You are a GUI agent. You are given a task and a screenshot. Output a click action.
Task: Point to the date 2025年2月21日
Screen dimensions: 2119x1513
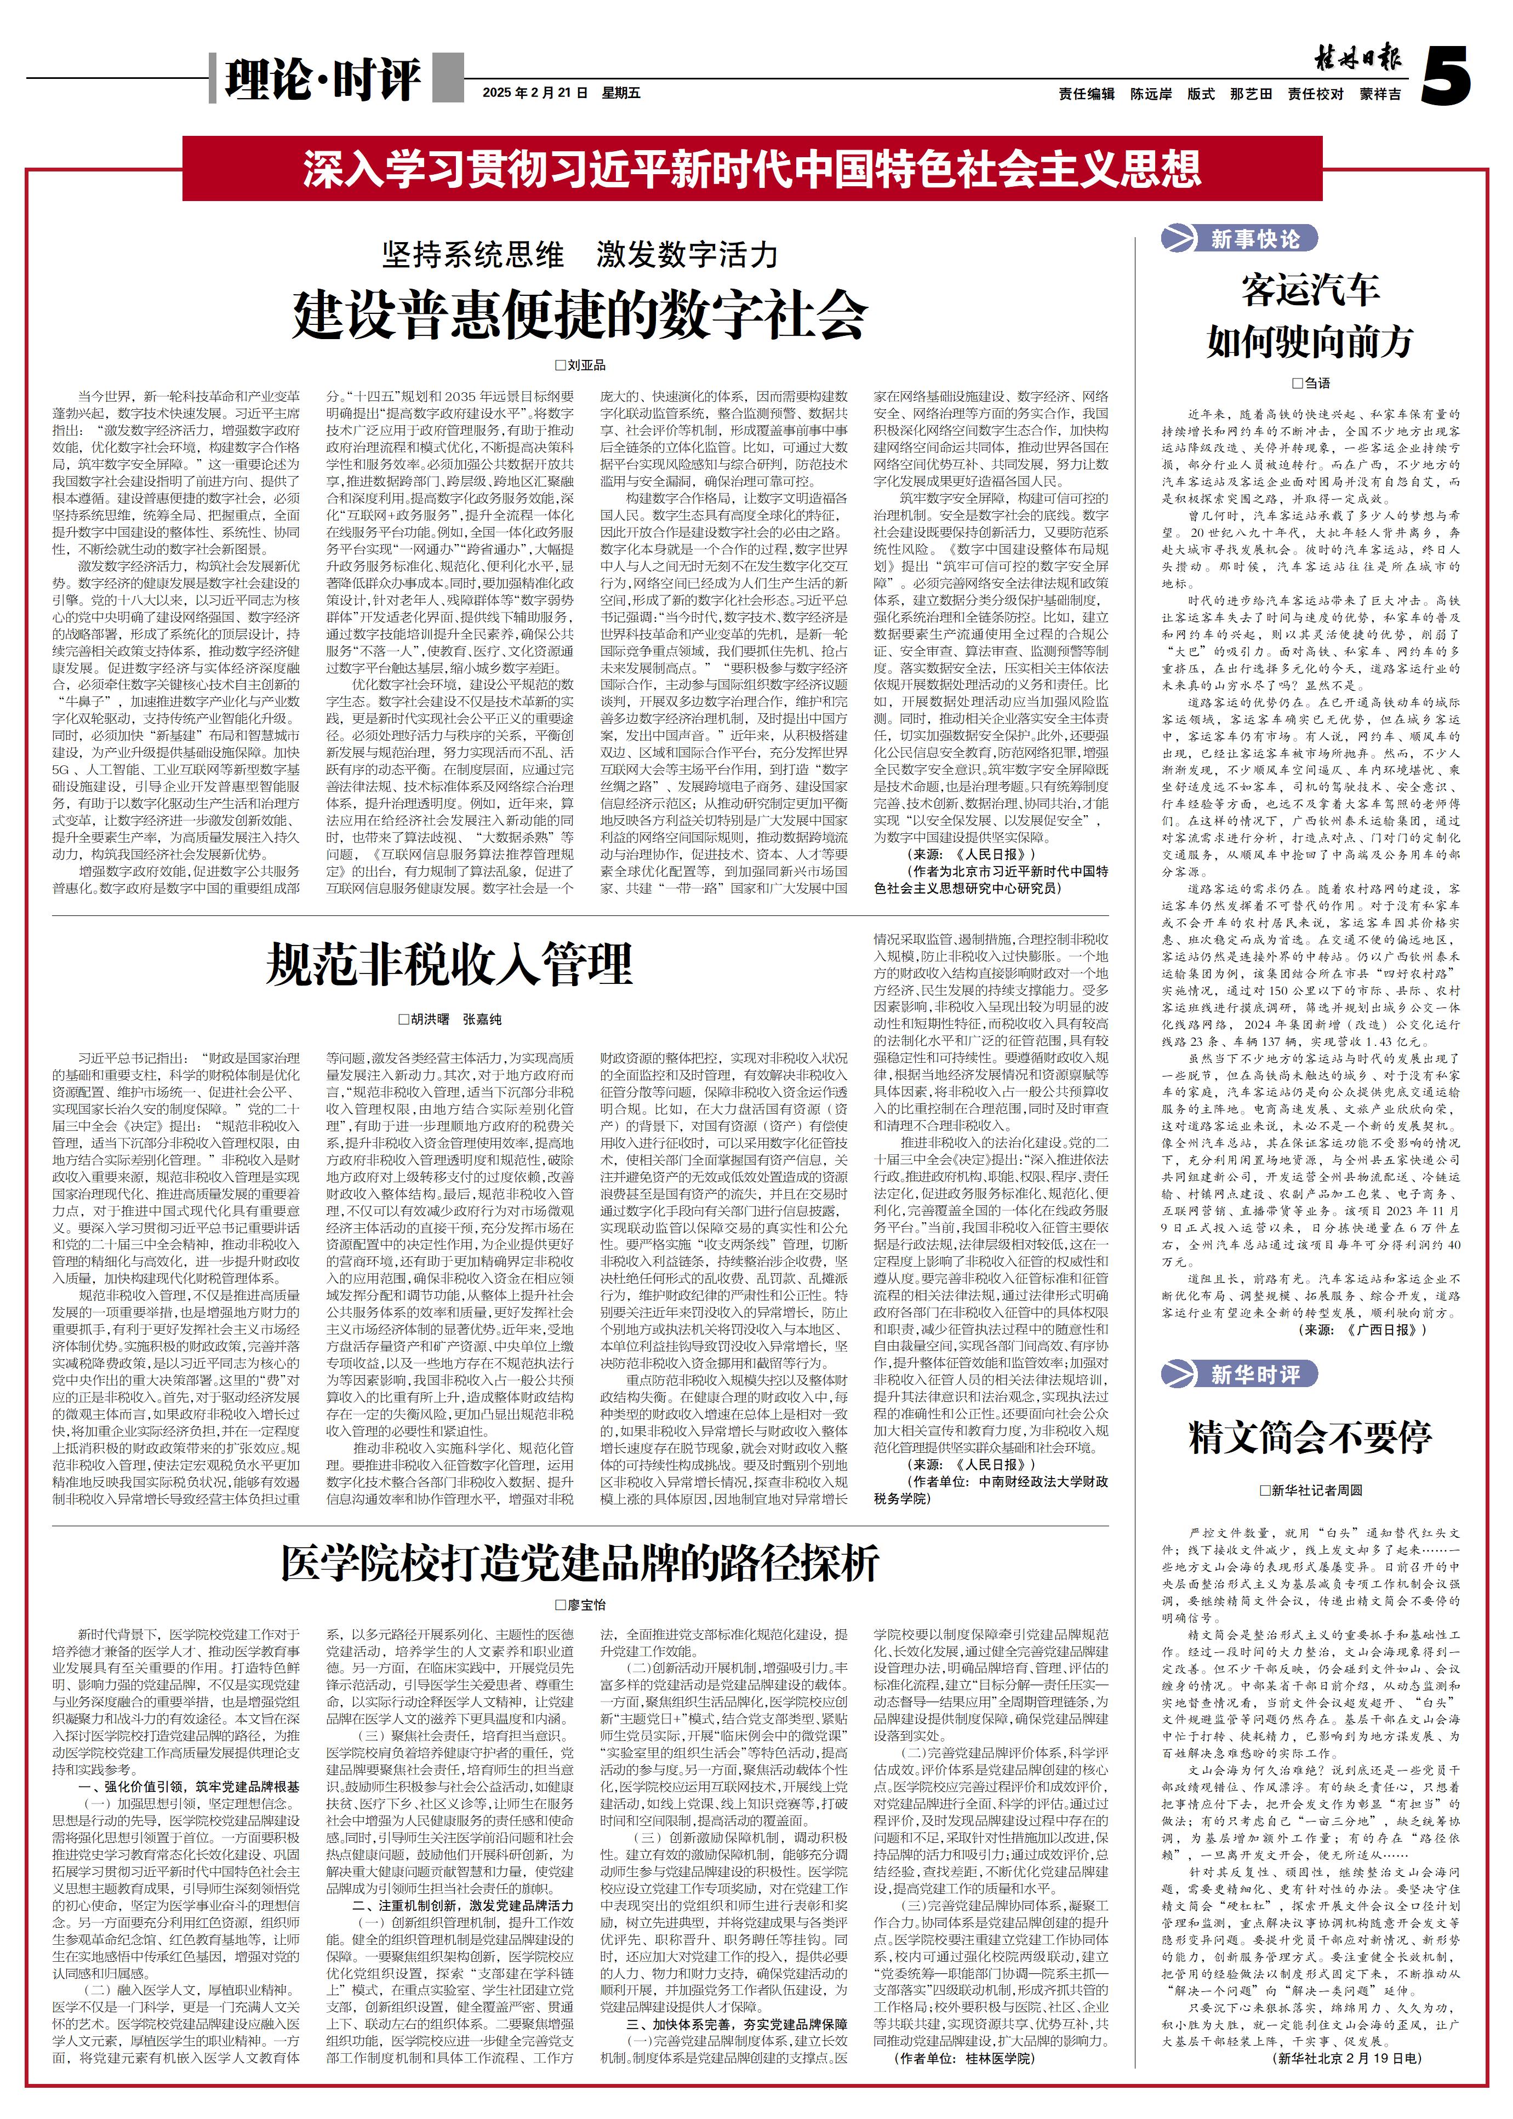point(536,93)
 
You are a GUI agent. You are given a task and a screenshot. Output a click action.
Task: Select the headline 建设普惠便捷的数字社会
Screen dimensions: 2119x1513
point(579,315)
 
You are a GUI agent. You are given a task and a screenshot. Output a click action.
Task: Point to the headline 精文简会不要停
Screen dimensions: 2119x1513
point(1310,1437)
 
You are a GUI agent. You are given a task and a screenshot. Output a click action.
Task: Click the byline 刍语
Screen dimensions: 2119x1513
point(1310,383)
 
